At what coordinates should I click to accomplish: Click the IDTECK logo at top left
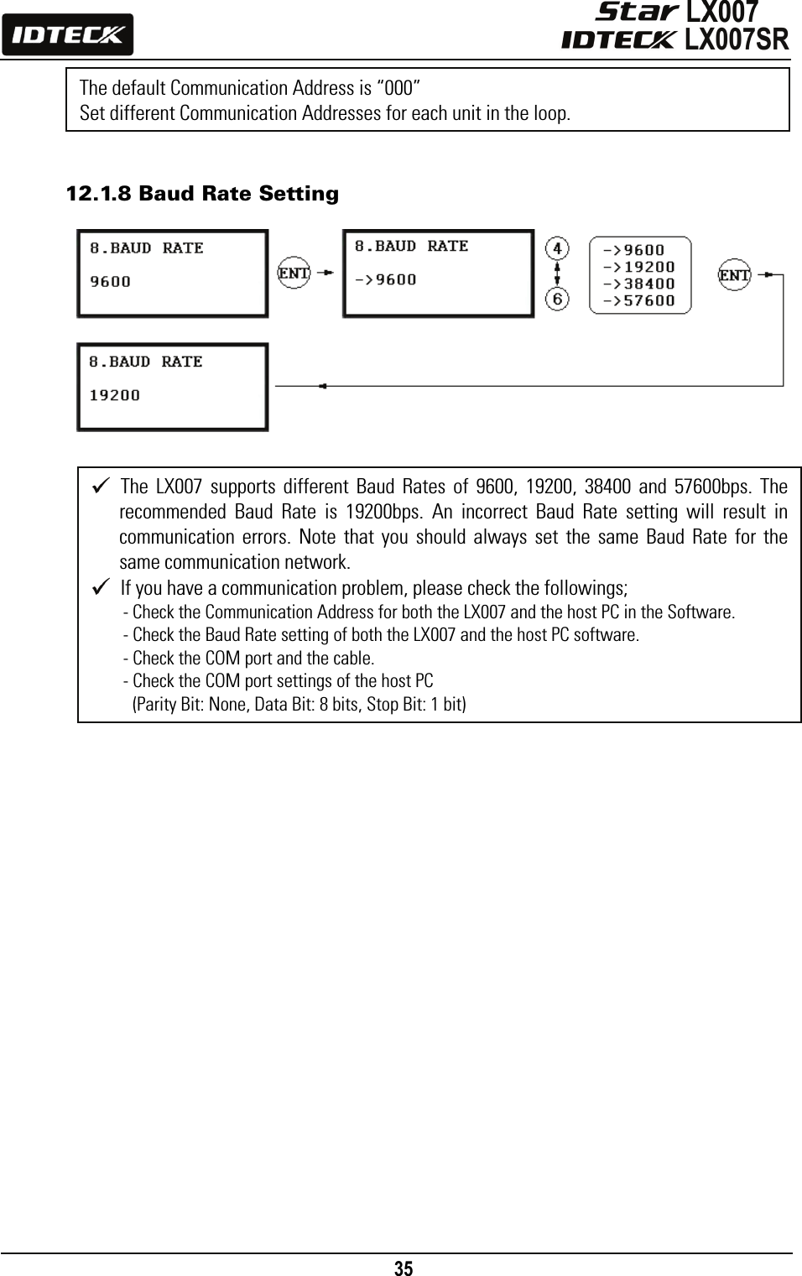(67, 35)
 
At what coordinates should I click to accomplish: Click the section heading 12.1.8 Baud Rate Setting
(202, 195)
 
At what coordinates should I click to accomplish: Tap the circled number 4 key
(557, 249)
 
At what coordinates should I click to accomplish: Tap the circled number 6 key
(557, 298)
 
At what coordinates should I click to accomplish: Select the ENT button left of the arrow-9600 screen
(294, 273)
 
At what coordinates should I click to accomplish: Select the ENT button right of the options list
(735, 275)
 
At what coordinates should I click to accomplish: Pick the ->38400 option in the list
(639, 284)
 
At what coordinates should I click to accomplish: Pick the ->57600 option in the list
(639, 300)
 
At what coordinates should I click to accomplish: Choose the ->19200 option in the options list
(639, 267)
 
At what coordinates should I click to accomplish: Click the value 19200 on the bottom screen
(115, 395)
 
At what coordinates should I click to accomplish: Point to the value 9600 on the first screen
(111, 282)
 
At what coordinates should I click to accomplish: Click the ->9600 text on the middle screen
(385, 280)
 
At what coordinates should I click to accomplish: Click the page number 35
(404, 1268)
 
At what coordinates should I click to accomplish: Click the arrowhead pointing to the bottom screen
(322, 386)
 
